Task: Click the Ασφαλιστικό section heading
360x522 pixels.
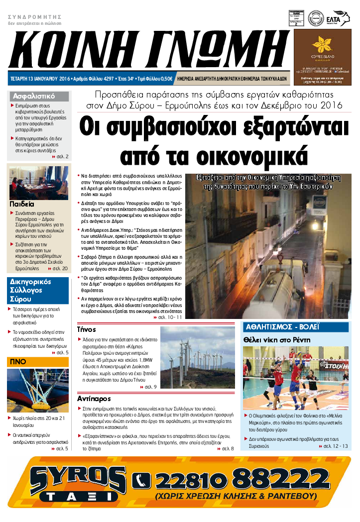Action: coord(34,97)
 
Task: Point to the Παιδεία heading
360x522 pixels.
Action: coord(22,204)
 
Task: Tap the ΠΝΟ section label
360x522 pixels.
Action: coord(18,362)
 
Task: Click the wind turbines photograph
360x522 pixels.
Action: coord(197,357)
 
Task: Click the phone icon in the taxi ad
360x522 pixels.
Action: coord(141,480)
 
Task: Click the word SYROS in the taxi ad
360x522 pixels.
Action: coord(78,478)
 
